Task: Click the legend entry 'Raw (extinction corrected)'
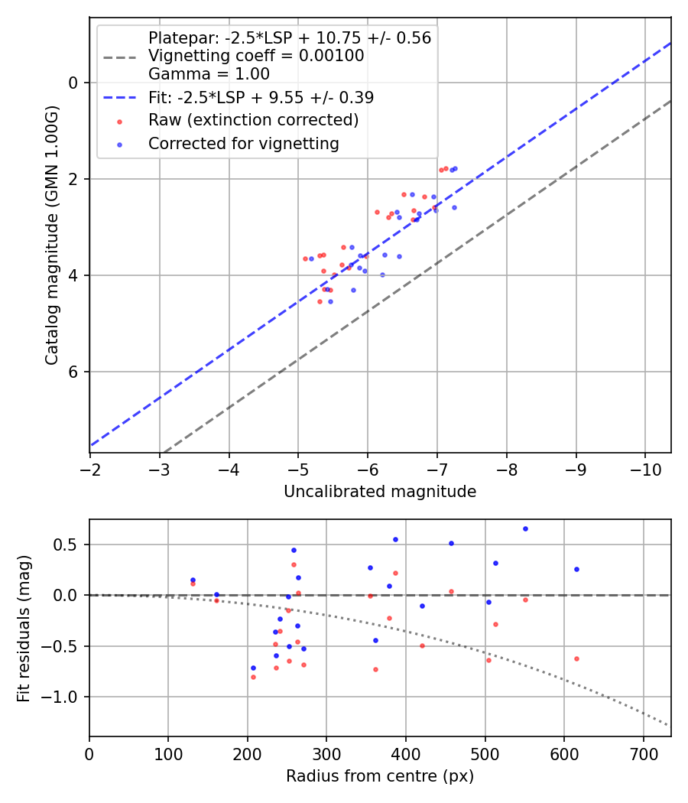coord(253,120)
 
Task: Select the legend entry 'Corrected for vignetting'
coord(243,143)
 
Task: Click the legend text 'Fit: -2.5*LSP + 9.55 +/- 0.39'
coord(261,97)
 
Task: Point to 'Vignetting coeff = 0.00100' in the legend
coord(256,56)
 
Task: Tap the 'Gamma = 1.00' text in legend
coord(209,74)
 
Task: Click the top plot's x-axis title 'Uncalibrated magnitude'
coord(380,492)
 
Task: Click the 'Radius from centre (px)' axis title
coord(380,776)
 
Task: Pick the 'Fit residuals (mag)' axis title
coord(24,628)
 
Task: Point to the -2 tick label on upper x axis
coord(90,468)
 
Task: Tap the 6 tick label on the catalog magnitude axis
coord(74,372)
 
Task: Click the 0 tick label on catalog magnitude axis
coord(74,83)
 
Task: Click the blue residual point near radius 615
coord(576,569)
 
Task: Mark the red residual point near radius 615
coord(576,658)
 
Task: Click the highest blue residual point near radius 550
coord(525,528)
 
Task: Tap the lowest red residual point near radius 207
coord(253,677)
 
